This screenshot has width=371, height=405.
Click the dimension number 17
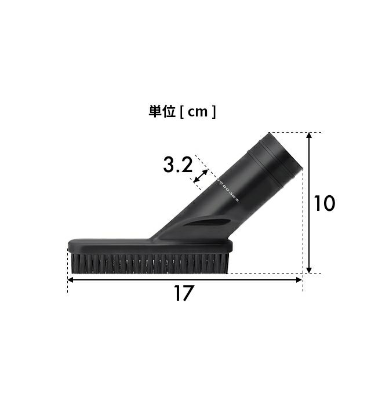pos(183,293)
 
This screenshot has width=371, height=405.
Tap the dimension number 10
pos(325,203)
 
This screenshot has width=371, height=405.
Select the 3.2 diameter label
pos(178,165)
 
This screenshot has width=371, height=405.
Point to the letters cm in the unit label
pos(198,112)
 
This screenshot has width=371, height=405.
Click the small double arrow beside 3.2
pos(201,176)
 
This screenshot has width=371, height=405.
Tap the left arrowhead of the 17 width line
pos(70,280)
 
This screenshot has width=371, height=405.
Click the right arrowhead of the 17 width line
pos(299,280)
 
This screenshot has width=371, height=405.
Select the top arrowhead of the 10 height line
pos(309,136)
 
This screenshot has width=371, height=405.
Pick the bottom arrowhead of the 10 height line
pos(309,270)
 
